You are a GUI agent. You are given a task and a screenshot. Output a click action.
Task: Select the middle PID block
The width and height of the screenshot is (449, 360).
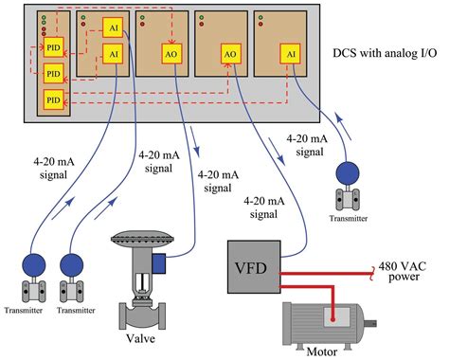click(x=53, y=73)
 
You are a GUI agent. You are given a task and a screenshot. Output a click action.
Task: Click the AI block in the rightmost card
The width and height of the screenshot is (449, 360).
click(x=289, y=55)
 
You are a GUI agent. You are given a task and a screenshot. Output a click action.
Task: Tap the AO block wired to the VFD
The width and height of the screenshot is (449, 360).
click(x=229, y=55)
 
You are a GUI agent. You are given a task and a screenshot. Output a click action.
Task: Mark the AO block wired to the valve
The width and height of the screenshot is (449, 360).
click(x=171, y=55)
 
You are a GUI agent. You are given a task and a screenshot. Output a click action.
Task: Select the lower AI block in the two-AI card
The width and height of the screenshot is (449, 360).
click(x=113, y=55)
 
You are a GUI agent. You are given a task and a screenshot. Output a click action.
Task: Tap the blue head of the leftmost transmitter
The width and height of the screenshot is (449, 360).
click(x=36, y=263)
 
